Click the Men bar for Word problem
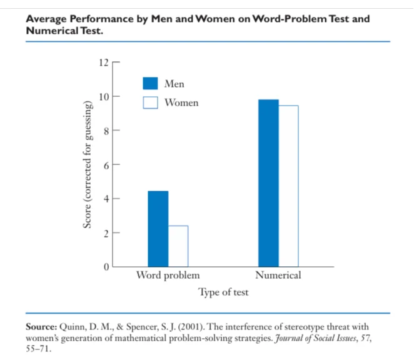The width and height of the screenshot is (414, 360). point(158,229)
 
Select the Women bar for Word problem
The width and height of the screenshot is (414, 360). point(178,246)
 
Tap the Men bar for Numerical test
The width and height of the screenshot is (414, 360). point(268,183)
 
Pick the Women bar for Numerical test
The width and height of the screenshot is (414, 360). point(288,186)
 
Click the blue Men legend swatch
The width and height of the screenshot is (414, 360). point(150,84)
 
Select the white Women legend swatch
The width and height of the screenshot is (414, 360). point(150,102)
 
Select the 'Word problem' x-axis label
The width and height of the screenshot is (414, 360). point(168,276)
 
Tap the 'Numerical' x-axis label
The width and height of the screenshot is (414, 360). point(278,276)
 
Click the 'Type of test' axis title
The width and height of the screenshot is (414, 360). point(223,292)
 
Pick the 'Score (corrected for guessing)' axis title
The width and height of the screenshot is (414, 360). point(89,165)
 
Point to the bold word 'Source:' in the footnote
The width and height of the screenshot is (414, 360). point(41,327)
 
